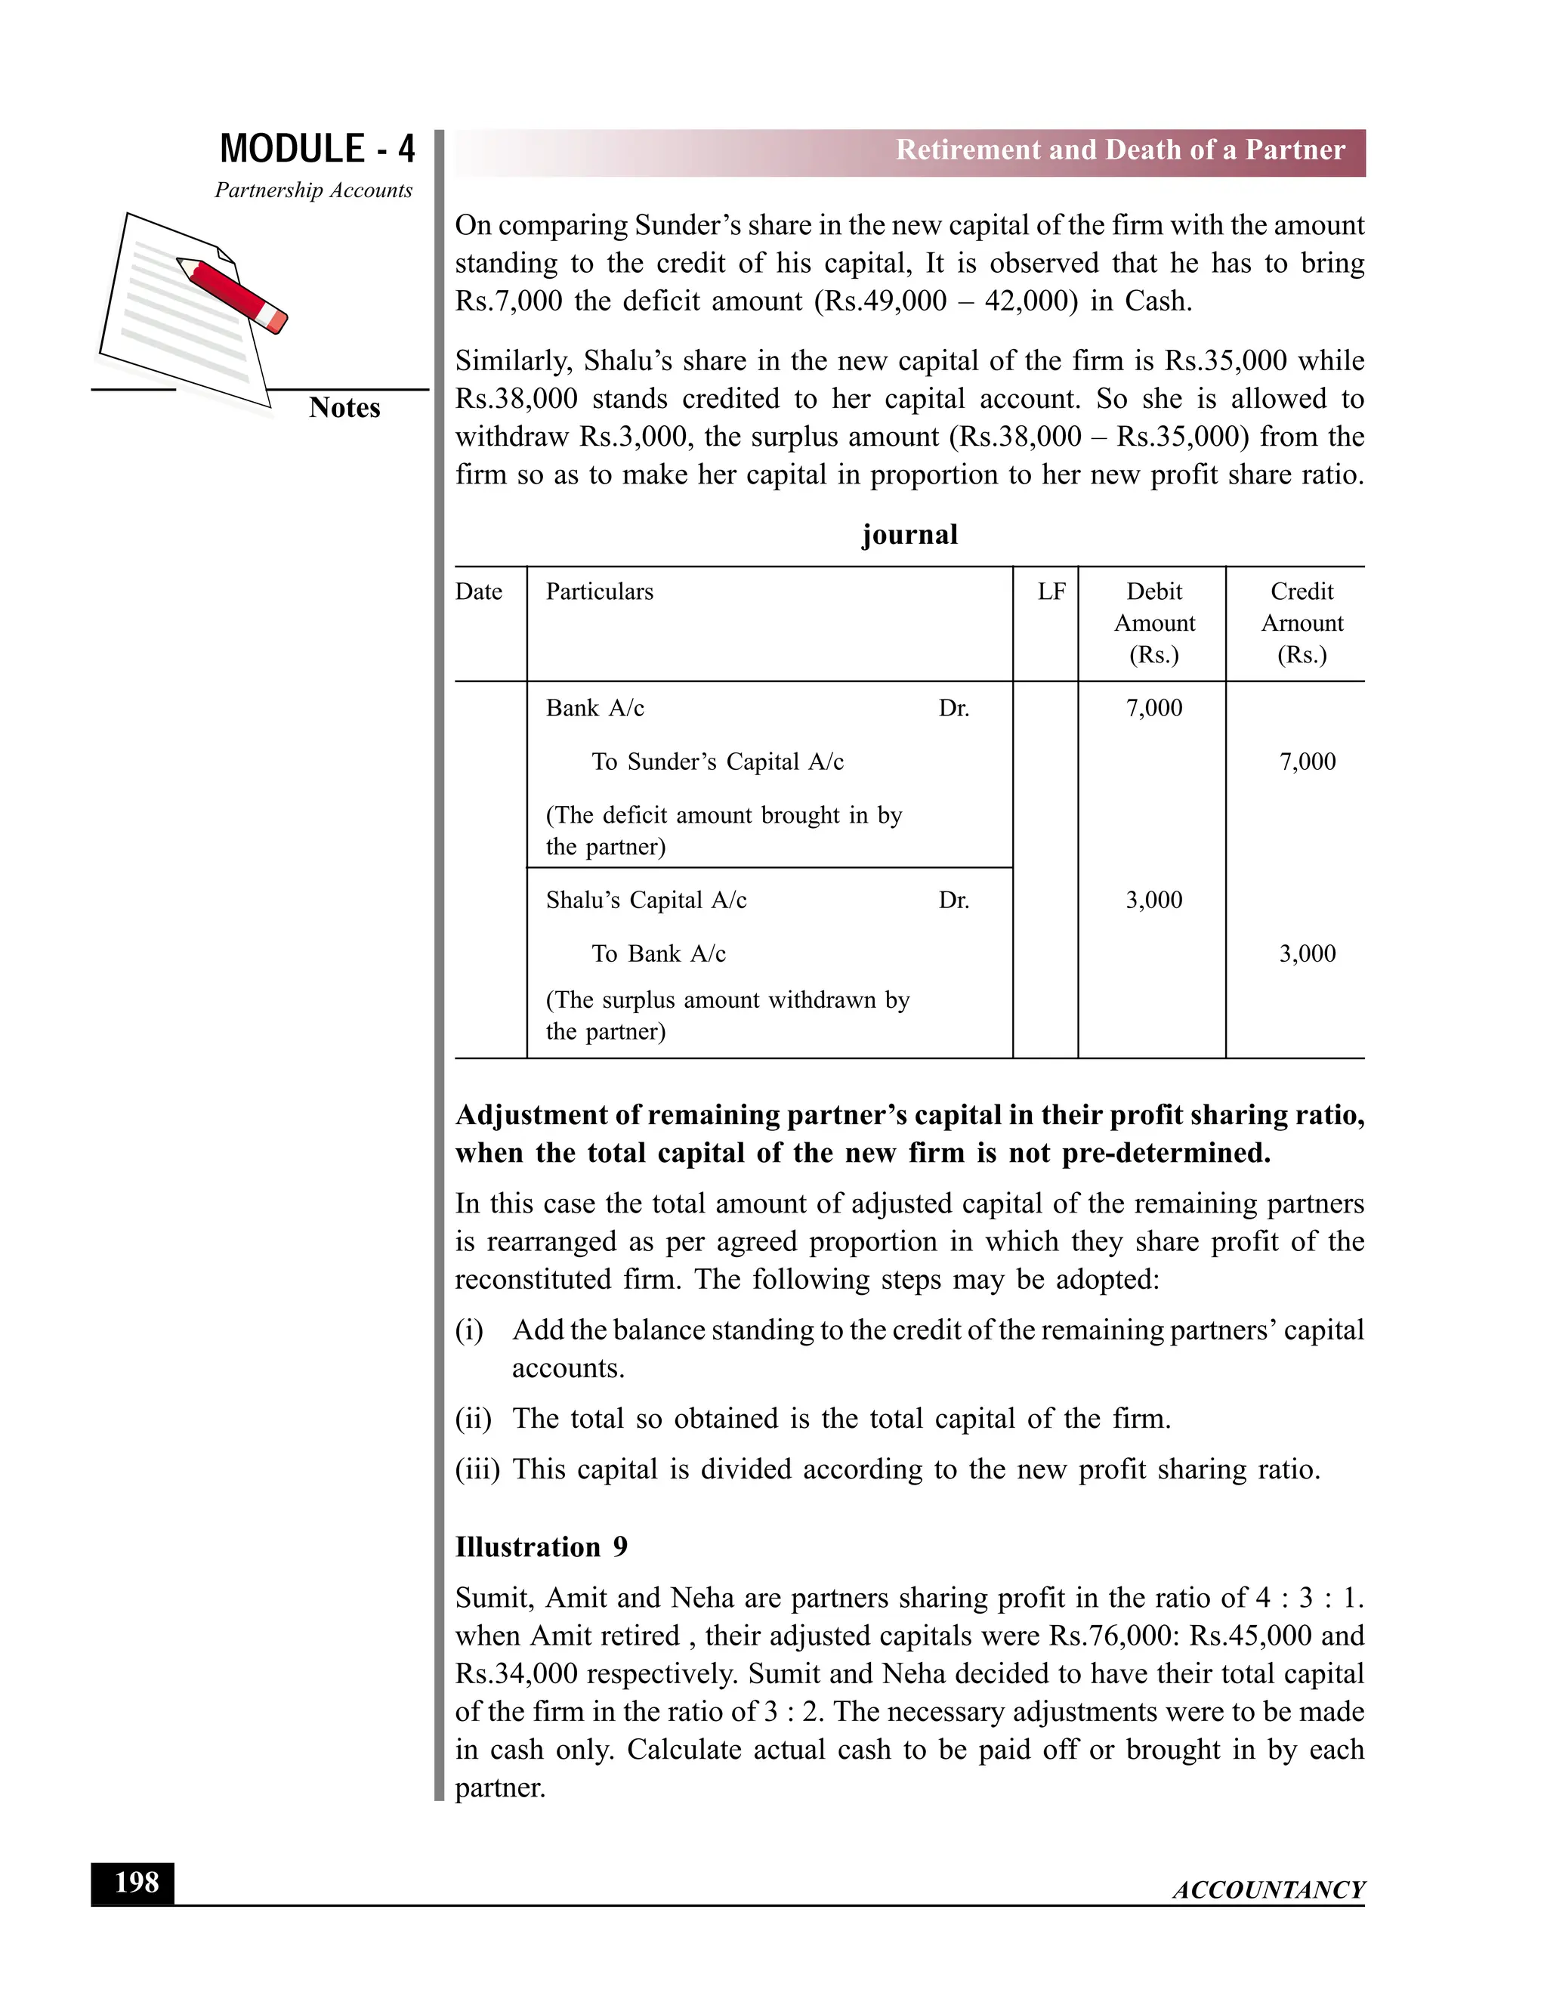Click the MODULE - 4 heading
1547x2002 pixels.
pos(317,149)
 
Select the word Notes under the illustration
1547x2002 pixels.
pos(344,408)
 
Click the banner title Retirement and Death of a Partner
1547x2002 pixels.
pos(1120,150)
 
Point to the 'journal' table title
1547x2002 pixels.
pos(909,534)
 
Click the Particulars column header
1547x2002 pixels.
pos(599,592)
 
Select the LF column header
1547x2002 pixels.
pos(1051,592)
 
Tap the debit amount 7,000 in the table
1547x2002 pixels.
pos(1154,708)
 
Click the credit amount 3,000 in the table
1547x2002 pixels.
pos(1307,953)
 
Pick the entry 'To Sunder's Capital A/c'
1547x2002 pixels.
pos(717,762)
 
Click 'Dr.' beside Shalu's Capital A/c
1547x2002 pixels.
pos(953,901)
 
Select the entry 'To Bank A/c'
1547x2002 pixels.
pos(658,954)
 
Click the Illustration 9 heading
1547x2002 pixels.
pos(541,1547)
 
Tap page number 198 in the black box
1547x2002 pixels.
pos(136,1883)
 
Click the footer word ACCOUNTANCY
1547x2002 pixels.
pos(1268,1889)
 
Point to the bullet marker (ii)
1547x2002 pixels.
pos(473,1419)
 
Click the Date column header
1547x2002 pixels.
pos(478,592)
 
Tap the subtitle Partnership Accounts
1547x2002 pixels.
pos(313,190)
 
